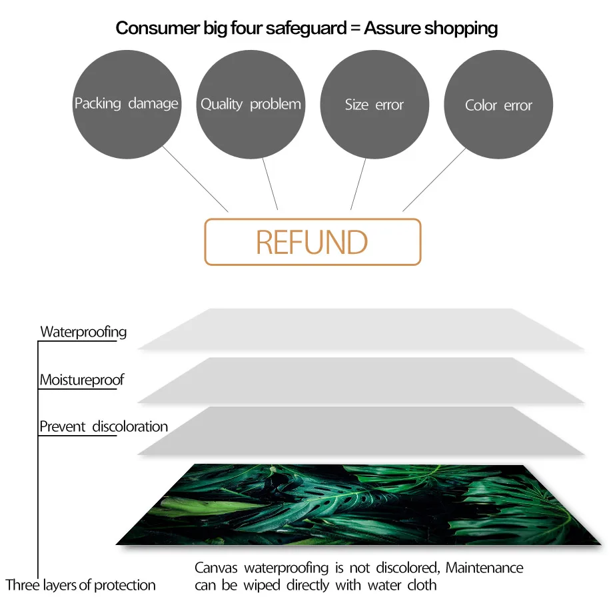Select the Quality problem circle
pos(251,104)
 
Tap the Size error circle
pos(374,104)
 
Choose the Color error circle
pos(498,105)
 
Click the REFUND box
pos(312,242)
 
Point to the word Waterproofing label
pos(83,332)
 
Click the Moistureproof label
pos(82,380)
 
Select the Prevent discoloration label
pos(103,426)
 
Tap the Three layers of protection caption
pos(81,586)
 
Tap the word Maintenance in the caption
pos(484,568)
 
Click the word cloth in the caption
pos(421,586)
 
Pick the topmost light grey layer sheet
pos(360,328)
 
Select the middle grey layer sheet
pos(360,380)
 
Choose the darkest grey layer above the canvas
pos(360,430)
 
